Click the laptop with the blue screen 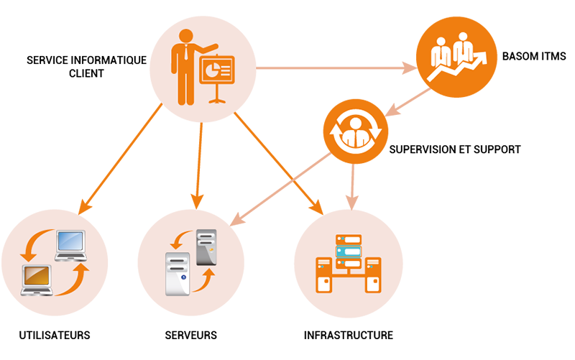pyautogui.click(x=70, y=244)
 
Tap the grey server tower pyautogui.click(x=206, y=245)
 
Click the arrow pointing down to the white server pyautogui.click(x=178, y=240)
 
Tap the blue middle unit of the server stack pyautogui.click(x=347, y=252)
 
